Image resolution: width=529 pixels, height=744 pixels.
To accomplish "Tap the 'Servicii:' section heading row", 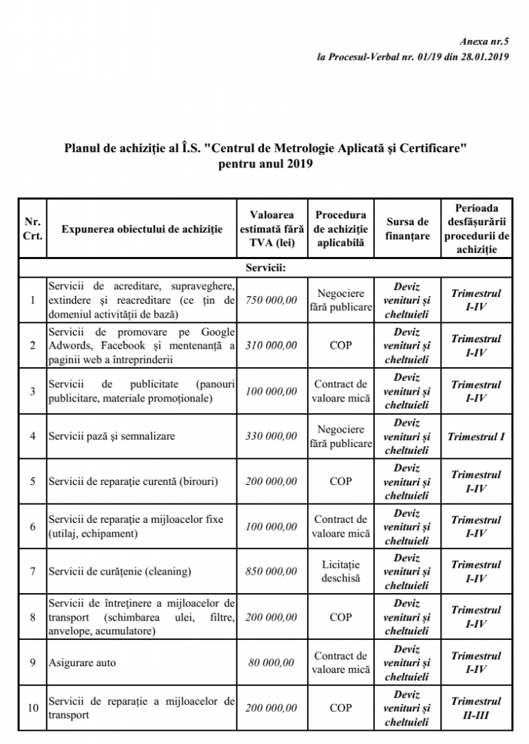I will point(265,267).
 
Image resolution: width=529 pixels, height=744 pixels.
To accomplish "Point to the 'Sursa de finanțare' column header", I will point(407,229).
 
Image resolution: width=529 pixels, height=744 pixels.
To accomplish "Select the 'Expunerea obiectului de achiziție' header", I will point(142,229).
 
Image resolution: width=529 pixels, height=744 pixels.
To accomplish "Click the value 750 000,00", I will point(271,300).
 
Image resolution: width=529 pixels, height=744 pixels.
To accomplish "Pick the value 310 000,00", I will point(271,346).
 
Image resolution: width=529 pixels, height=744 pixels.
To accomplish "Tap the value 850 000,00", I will point(271,572).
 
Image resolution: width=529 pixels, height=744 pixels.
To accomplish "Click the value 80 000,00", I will point(271,663).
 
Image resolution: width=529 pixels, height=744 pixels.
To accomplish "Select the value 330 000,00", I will point(271,436).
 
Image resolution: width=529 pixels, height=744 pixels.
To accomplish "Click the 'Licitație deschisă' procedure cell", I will point(340,572).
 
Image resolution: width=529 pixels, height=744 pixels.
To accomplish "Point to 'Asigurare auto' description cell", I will point(83,663).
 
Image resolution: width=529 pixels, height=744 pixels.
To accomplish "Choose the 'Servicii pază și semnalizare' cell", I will point(112,436).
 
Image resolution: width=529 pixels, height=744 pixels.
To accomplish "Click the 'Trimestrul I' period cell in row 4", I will point(475,436).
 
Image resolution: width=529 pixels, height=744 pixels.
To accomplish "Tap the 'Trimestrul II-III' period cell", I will point(475,708).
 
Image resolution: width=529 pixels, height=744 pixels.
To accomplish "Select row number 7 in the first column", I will point(32,572).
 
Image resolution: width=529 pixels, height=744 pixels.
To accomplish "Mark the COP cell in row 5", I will point(340,482).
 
